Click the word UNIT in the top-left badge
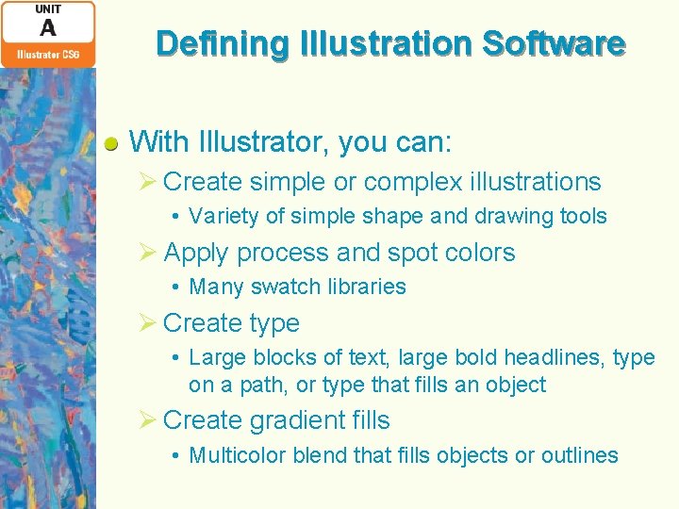pyautogui.click(x=47, y=9)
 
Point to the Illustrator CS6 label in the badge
pyautogui.click(x=47, y=55)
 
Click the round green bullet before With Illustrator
pyautogui.click(x=111, y=144)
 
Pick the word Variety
pyautogui.click(x=224, y=217)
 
